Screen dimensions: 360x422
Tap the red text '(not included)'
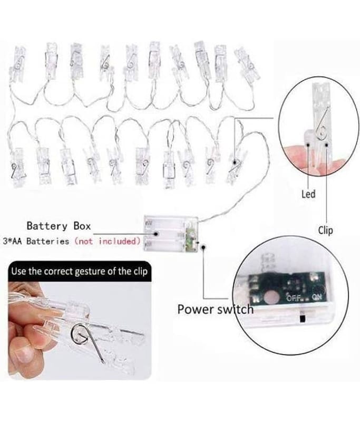coord(108,241)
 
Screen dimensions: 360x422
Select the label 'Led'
coord(308,194)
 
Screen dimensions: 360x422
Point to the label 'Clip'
coord(325,231)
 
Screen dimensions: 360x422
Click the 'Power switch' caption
coord(216,309)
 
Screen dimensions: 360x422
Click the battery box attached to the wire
coord(171,233)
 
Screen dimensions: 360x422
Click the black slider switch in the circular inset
coord(302,319)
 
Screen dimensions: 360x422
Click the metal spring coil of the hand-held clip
coord(79,332)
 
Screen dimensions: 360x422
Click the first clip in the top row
coord(18,64)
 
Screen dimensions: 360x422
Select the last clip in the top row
coord(247,64)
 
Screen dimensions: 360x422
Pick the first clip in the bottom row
coord(17,167)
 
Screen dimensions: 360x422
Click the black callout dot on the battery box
coord(156,234)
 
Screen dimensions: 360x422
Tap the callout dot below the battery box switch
coord(203,246)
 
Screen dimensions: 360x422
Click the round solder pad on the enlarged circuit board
coord(270,298)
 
